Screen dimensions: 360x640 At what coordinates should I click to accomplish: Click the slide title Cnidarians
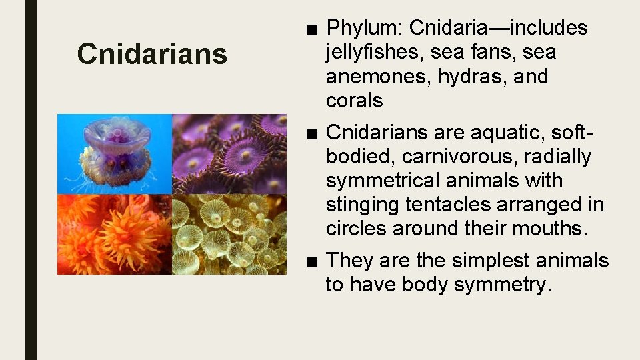click(x=152, y=54)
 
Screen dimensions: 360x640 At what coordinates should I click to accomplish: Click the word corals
click(x=354, y=101)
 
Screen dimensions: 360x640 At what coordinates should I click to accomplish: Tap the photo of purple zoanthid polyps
click(x=229, y=153)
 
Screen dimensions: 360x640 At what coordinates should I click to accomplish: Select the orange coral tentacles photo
click(x=114, y=234)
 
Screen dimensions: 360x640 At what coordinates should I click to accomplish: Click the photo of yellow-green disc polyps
click(x=229, y=234)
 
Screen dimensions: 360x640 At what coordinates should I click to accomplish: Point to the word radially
click(x=558, y=157)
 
